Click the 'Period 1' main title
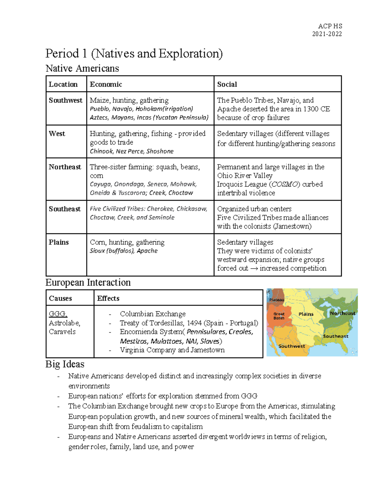134,54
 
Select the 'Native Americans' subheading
82,69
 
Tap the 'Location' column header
63,84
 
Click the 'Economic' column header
106,84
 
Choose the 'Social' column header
227,84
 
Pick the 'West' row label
57,134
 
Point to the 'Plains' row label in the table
59,242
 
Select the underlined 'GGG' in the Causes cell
58,314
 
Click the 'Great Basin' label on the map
279,316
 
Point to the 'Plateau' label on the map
277,300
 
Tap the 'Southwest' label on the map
292,346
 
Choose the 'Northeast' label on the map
342,313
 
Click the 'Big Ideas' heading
65,364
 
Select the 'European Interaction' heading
88,283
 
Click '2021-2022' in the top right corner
327,34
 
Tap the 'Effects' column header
108,298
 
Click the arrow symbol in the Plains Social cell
254,268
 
